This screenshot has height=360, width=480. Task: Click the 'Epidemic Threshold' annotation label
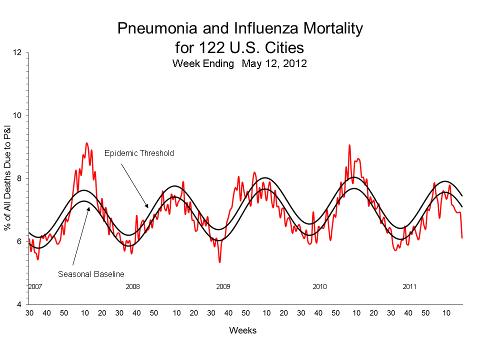[x=139, y=153]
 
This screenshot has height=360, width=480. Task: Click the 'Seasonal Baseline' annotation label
[x=91, y=274]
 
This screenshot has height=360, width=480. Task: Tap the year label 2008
[x=132, y=287]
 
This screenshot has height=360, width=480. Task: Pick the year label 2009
[x=223, y=287]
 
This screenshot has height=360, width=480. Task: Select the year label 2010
[x=319, y=287]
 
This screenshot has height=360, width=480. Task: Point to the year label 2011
[x=410, y=287]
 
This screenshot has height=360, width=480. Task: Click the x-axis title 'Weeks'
[x=242, y=330]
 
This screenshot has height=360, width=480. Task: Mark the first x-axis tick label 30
[x=29, y=313]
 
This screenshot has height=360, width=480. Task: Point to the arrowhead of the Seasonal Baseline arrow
[x=88, y=207]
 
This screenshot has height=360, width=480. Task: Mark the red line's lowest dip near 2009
[x=219, y=262]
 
